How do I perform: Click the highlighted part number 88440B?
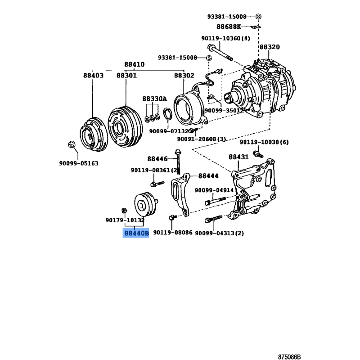[136, 233]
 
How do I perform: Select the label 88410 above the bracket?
[134, 64]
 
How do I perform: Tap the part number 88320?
[270, 47]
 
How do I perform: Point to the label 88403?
[93, 75]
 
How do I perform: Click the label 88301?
[126, 75]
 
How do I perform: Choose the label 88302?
[184, 75]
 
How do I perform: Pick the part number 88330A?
[154, 99]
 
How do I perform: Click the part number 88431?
[238, 157]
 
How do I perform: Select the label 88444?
[208, 176]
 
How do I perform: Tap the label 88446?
[157, 159]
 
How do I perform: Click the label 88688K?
[229, 27]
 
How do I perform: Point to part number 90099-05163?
[78, 163]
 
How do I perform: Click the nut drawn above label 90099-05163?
[72, 144]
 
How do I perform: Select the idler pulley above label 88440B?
[145, 204]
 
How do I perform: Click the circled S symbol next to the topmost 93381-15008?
[258, 17]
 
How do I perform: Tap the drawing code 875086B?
[289, 357]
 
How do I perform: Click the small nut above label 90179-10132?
[124, 210]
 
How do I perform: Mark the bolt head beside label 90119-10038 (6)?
[258, 154]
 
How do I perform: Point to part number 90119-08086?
[173, 232]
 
